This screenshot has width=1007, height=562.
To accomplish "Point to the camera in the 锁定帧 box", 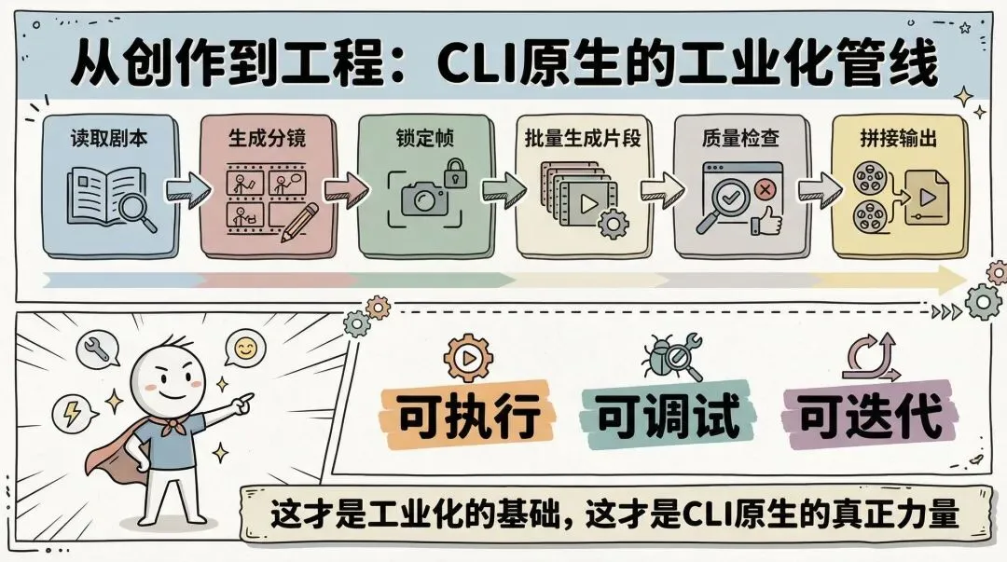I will (x=424, y=197).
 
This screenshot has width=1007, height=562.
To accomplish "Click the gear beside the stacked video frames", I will (x=612, y=223).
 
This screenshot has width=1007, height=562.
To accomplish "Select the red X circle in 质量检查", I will (x=766, y=189).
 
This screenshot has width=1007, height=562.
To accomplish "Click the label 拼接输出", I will (x=898, y=140).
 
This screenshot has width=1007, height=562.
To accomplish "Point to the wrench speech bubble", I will (x=98, y=348).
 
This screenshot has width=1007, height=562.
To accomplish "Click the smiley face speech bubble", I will (x=245, y=349).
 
